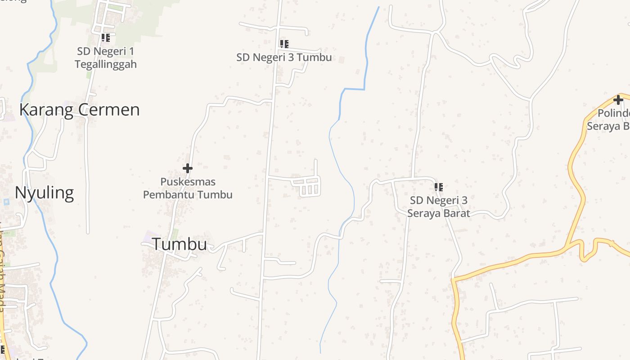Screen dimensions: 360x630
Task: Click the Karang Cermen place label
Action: (79, 110)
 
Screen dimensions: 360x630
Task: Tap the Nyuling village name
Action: (44, 193)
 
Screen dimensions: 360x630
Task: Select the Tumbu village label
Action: (179, 244)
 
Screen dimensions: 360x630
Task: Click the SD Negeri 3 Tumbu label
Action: (284, 57)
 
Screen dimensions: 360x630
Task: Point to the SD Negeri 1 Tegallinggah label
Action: (106, 58)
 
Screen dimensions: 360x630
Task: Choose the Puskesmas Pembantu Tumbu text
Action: (188, 188)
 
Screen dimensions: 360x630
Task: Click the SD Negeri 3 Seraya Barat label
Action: (438, 207)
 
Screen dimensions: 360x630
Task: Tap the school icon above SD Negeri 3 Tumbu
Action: (284, 44)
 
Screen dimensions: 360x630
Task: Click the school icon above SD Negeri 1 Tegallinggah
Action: (105, 38)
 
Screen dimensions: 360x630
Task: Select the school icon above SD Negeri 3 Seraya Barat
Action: (439, 187)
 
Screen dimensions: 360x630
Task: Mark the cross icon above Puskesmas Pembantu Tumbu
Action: (188, 168)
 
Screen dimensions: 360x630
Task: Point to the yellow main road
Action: (517, 261)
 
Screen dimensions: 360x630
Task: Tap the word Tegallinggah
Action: (106, 64)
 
